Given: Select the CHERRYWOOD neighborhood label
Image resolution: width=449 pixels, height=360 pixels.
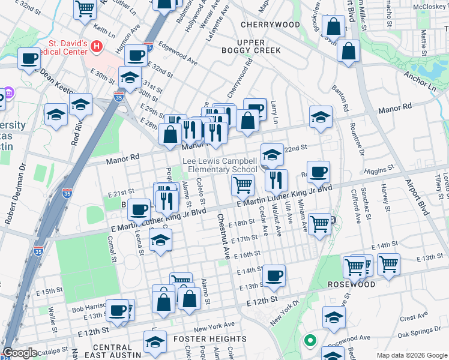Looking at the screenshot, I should tap(270, 25).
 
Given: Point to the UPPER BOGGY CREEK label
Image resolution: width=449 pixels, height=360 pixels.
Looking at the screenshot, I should tap(259, 47).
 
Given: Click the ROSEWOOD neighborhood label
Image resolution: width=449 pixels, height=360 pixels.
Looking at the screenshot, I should tap(367, 284).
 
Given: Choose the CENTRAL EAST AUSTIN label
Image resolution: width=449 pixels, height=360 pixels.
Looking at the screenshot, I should tap(112, 352).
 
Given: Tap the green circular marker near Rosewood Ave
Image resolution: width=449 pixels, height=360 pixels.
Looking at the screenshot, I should tap(310, 341).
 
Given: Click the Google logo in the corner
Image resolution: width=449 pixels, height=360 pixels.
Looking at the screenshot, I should tap(20, 353).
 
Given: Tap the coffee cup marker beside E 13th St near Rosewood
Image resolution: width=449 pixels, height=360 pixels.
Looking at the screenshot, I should tap(274, 275).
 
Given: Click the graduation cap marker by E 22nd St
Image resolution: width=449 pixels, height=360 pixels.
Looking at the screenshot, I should tap(271, 155).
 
